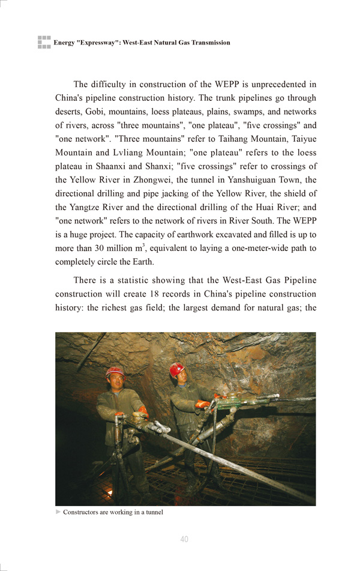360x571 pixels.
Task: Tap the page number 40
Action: click(x=184, y=539)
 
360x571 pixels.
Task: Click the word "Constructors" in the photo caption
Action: click(x=82, y=512)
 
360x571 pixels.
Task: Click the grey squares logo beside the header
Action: click(x=44, y=42)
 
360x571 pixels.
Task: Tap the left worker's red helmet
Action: click(x=115, y=372)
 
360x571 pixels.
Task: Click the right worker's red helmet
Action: click(x=176, y=369)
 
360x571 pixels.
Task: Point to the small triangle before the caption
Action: click(x=58, y=512)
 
